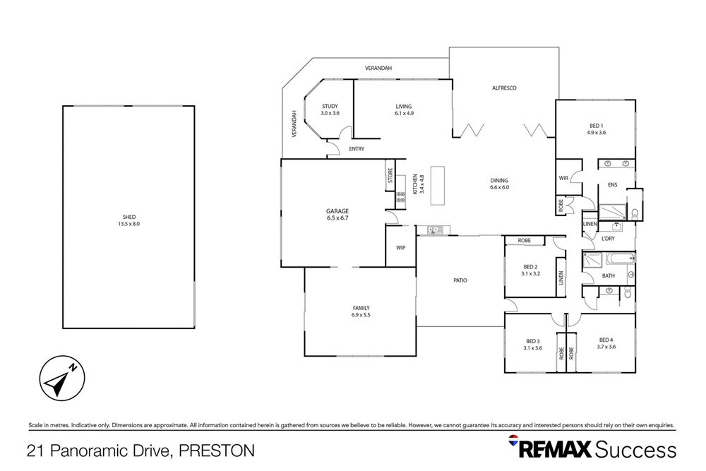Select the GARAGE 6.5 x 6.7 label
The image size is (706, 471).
[337, 215]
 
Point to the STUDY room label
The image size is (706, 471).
[330, 109]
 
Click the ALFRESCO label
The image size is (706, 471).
[505, 88]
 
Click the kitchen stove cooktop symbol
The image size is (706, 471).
[400, 197]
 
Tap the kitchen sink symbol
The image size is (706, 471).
[432, 229]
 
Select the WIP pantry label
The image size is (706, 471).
[400, 248]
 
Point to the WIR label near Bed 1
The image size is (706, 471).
[563, 178]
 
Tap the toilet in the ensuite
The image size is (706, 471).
[633, 211]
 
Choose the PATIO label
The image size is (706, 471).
[460, 280]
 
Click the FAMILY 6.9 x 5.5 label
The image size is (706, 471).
[361, 311]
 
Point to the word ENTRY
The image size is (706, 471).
[357, 149]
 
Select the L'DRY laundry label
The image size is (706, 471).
[608, 238]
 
